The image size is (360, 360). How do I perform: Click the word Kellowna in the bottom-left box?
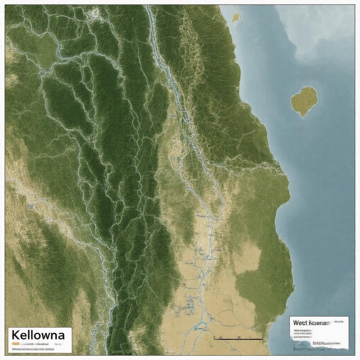point(38,334)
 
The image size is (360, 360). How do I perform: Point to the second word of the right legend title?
point(319,323)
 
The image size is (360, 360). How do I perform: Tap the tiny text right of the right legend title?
point(340,321)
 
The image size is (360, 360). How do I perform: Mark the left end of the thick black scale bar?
point(214,339)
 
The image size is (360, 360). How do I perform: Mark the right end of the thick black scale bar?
point(262,339)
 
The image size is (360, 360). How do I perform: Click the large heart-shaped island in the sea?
point(304,101)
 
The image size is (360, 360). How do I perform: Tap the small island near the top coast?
point(236,17)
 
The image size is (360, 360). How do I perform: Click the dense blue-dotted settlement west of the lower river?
point(190,302)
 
